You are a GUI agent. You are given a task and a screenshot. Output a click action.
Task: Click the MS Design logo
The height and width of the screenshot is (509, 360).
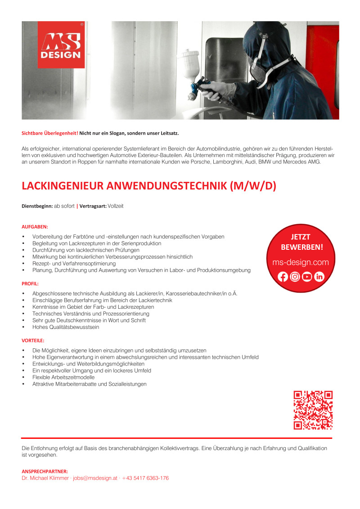tap(61, 45)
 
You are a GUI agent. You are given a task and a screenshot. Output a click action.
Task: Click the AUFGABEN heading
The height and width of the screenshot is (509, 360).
tap(35, 227)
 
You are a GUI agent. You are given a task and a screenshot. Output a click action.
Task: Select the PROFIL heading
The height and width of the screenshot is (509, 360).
tap(30, 284)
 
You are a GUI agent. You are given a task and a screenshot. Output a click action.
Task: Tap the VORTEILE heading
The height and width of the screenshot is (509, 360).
tap(33, 341)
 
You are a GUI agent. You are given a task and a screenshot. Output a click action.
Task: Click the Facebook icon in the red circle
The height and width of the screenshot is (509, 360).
tap(283, 277)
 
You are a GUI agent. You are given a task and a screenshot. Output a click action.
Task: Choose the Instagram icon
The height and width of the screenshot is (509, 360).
tap(295, 277)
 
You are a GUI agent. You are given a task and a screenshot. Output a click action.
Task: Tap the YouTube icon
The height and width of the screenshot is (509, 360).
tap(307, 277)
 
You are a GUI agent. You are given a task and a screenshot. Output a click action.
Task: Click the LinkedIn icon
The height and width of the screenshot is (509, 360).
tap(319, 277)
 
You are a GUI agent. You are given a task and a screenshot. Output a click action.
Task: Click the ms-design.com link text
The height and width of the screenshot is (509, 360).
tap(301, 262)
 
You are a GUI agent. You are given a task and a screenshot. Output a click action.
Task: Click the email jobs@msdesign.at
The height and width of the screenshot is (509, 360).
tap(95, 478)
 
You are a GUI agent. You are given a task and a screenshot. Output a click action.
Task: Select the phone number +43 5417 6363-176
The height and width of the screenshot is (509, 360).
tap(145, 478)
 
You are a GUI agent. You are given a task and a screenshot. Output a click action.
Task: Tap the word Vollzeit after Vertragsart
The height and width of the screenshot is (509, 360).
tap(116, 206)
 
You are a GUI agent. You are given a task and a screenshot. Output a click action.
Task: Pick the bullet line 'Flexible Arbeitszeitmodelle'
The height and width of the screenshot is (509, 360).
tap(63, 377)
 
